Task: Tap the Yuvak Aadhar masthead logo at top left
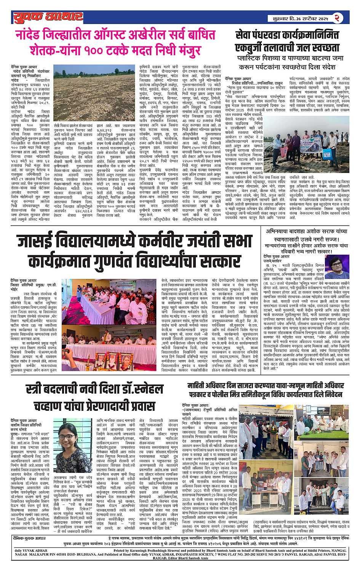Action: click(48, 17)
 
